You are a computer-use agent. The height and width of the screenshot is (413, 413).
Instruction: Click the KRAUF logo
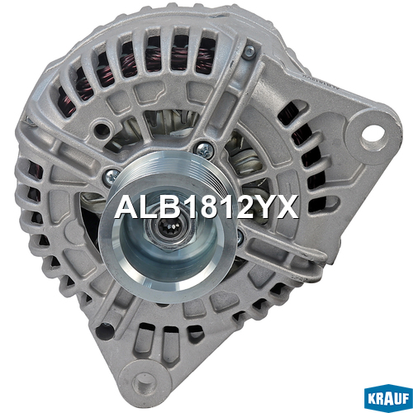[388, 398]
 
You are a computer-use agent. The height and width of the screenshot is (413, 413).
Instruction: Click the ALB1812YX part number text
[206, 206]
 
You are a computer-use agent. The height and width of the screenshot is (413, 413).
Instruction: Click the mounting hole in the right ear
[373, 135]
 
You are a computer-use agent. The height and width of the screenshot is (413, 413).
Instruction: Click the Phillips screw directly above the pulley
[205, 150]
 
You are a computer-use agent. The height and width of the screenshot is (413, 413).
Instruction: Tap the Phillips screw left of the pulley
[112, 177]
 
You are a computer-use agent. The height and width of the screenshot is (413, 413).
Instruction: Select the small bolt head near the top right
[249, 51]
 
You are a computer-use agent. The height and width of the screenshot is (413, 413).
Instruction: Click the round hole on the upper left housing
[102, 129]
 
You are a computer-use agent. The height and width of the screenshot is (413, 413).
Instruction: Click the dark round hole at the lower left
[104, 331]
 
